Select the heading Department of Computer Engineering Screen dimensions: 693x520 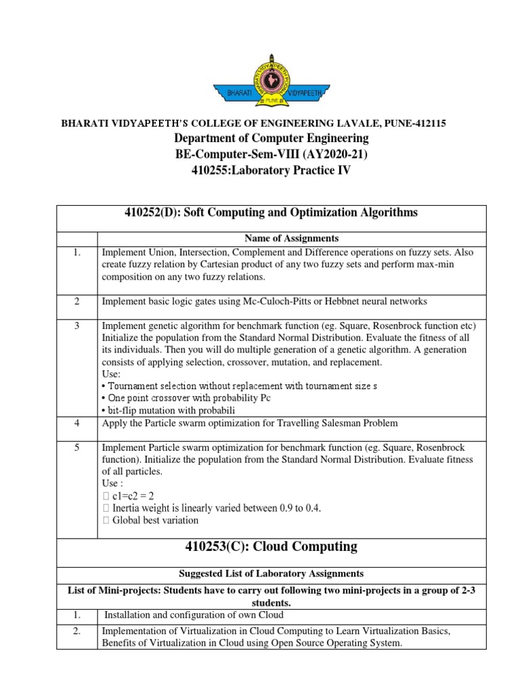pos(271,139)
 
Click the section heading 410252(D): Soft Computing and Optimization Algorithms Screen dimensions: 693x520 pos(271,213)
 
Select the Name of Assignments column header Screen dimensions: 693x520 pos(291,239)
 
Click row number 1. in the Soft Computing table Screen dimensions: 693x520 pos(77,252)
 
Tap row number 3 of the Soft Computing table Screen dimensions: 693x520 pos(77,326)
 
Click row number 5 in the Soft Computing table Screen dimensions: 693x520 pos(77,447)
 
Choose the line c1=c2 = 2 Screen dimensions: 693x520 pos(128,497)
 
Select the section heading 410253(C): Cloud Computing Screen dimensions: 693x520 pos(271,547)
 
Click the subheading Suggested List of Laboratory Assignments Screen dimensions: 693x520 pos(271,574)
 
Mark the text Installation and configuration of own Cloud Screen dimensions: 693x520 pos(192,615)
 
